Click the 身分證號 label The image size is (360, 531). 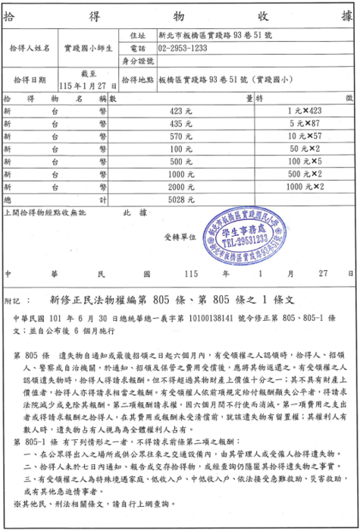pyautogui.click(x=137, y=61)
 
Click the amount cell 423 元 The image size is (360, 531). pyautogui.click(x=181, y=111)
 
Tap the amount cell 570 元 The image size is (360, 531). pyautogui.click(x=181, y=136)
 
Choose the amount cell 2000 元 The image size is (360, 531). pyautogui.click(x=181, y=187)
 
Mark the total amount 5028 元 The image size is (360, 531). pyautogui.click(x=181, y=200)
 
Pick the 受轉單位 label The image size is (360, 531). pyautogui.click(x=177, y=236)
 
